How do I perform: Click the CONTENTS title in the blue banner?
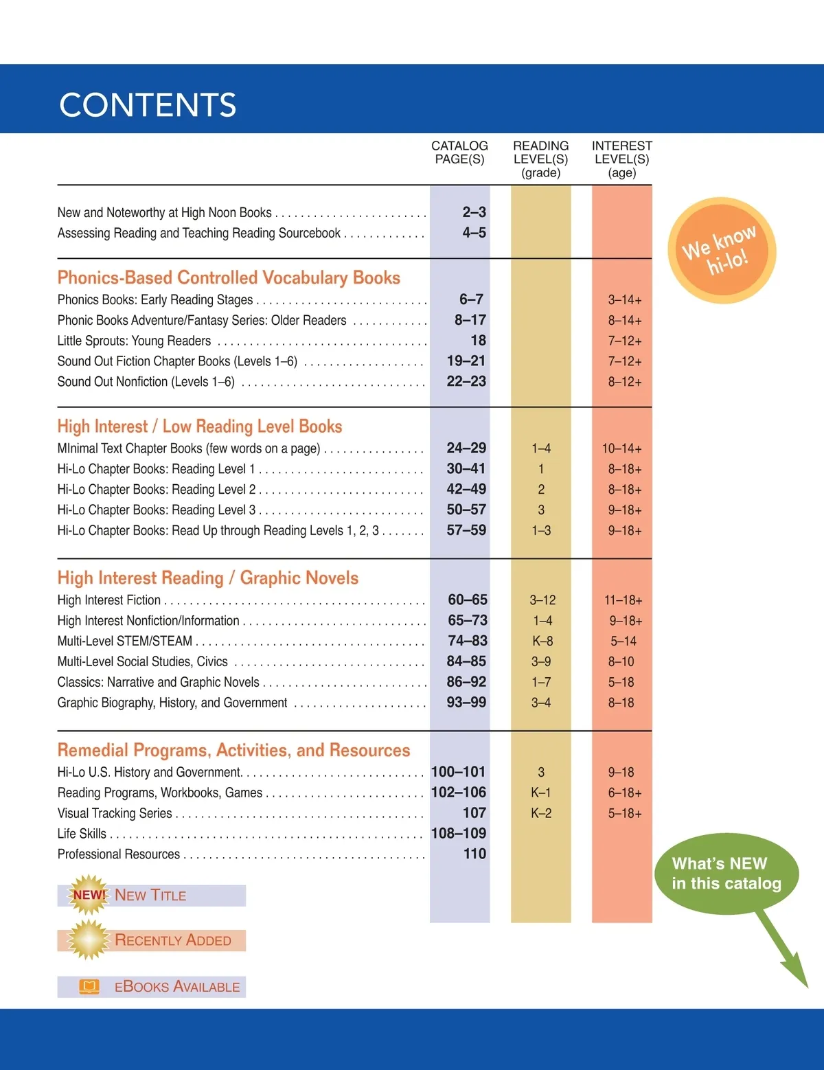pos(148,105)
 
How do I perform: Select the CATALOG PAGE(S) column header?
pos(459,152)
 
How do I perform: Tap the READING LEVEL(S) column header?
pos(540,159)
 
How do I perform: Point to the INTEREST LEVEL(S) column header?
pos(621,159)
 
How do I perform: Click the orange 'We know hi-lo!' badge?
pos(722,250)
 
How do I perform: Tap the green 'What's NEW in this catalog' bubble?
pos(726,874)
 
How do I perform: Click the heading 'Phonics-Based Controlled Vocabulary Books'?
pos(229,277)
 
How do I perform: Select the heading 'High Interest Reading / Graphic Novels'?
pos(207,578)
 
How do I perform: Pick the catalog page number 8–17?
pos(470,320)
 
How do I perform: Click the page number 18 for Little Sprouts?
pos(478,341)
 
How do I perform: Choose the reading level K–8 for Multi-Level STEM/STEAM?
pos(542,641)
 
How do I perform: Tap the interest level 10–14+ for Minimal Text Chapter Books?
pos(621,448)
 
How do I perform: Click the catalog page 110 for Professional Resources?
pos(474,854)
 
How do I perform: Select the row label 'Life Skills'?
pos(82,834)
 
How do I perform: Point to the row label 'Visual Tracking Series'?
pos(115,813)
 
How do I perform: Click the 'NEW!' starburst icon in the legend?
pos(89,895)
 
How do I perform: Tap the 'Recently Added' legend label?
pos(172,940)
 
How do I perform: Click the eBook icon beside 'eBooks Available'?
pos(89,987)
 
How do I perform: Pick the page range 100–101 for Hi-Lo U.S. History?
pos(458,772)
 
